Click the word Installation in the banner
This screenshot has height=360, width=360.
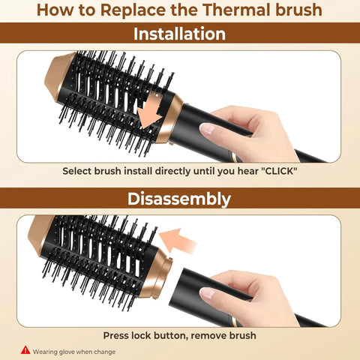coord(179,34)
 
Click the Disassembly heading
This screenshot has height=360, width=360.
coord(179,199)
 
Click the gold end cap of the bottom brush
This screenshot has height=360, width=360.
coord(42,232)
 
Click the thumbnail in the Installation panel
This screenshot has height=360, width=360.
coord(209,129)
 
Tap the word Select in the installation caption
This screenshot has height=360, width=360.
coord(79,171)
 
